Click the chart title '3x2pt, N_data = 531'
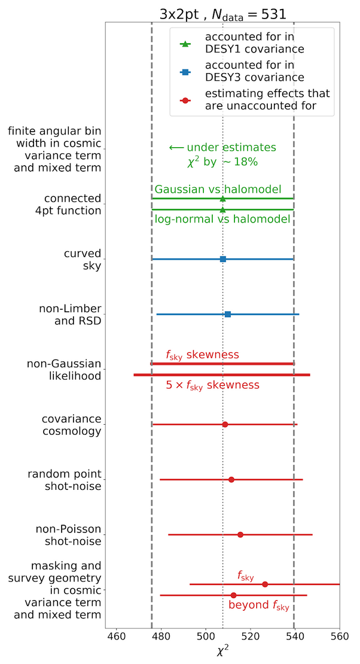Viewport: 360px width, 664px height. [223, 14]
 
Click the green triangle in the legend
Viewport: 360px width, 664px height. [185, 44]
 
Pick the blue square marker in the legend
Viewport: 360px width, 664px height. [185, 72]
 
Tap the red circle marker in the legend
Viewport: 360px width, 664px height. [185, 100]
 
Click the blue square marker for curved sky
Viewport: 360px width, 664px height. [223, 259]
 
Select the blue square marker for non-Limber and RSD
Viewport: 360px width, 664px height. [228, 314]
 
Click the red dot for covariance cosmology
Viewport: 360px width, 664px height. [225, 424]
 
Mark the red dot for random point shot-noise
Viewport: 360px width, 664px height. [231, 479]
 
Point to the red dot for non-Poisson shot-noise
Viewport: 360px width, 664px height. [240, 534]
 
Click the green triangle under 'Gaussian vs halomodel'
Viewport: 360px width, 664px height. [223, 199]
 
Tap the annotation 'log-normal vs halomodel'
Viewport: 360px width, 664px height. [222, 220]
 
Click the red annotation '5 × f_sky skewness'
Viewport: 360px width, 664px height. [212, 385]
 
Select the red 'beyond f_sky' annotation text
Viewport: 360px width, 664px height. [259, 605]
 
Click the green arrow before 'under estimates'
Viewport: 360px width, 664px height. [176, 148]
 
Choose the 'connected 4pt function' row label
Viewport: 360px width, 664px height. [73, 204]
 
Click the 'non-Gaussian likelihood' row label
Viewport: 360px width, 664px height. [64, 369]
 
